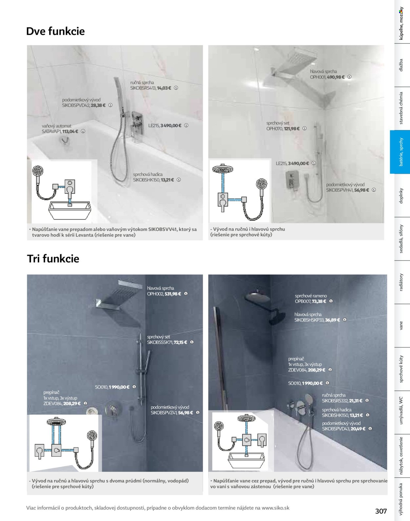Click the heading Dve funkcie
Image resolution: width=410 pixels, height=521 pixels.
(x=55, y=31)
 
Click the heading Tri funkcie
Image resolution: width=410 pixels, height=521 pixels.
(x=53, y=259)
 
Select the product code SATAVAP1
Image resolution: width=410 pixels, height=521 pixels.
(x=51, y=131)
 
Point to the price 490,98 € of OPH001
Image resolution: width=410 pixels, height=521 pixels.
(x=336, y=77)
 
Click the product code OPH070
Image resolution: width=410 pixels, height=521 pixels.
(x=275, y=129)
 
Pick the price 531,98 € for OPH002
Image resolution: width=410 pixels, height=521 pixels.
(x=173, y=294)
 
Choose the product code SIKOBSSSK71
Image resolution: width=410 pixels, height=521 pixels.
(x=160, y=342)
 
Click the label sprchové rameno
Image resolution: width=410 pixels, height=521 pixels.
(x=311, y=296)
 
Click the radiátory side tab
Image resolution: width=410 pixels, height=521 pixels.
(x=401, y=282)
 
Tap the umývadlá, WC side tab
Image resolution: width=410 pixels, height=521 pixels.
(x=401, y=410)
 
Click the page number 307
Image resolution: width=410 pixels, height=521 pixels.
(x=381, y=511)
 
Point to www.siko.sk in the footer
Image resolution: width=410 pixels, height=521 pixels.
(x=276, y=508)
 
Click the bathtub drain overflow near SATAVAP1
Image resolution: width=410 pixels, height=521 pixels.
(x=65, y=140)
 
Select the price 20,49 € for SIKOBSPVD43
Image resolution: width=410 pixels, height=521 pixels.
(x=358, y=429)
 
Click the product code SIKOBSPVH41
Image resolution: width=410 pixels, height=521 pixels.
(x=339, y=190)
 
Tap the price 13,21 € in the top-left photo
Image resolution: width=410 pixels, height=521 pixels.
(x=167, y=180)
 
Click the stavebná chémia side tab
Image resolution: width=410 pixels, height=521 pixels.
(x=401, y=108)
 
